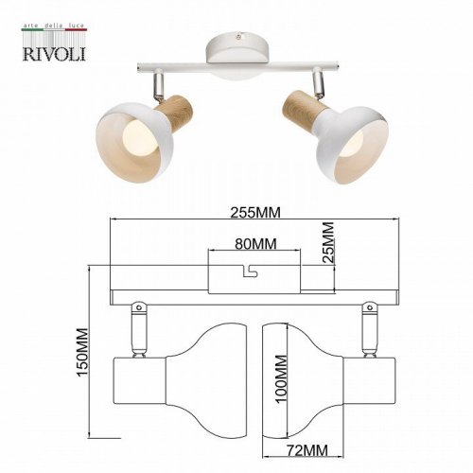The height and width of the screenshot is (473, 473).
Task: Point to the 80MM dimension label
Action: [x=254, y=244]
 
